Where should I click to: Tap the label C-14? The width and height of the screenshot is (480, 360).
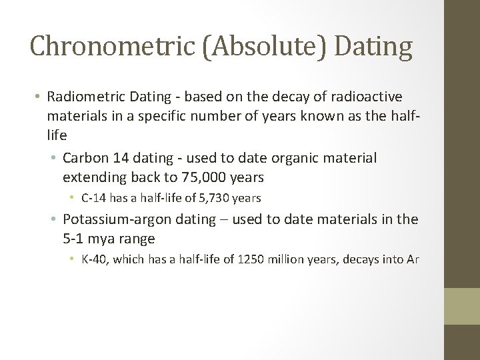[x=94, y=198]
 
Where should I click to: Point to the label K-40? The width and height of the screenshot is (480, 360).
[x=94, y=259]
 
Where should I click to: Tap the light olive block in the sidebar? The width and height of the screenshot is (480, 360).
[x=462, y=306]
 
